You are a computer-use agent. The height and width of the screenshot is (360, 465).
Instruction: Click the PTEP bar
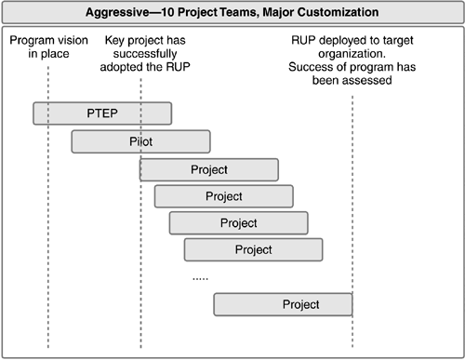[x=102, y=113]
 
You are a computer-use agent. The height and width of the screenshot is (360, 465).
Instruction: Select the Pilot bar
[x=141, y=141]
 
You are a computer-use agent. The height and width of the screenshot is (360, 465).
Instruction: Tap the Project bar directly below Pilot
[x=209, y=169]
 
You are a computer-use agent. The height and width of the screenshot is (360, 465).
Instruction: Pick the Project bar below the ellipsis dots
[x=283, y=304]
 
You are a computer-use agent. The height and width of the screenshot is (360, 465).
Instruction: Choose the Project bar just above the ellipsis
[x=254, y=249]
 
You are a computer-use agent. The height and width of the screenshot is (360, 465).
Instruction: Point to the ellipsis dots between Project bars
[x=200, y=279]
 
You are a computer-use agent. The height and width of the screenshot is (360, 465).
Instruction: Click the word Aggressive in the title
[x=117, y=12]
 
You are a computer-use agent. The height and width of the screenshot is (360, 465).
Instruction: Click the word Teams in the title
[x=239, y=12]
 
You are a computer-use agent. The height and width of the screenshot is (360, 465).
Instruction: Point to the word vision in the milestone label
[x=73, y=40]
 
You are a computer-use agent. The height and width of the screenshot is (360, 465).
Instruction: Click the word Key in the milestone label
[x=114, y=41]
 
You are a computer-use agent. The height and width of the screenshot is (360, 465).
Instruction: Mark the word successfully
[x=145, y=54]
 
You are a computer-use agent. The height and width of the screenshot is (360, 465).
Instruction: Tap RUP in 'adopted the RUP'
[x=178, y=67]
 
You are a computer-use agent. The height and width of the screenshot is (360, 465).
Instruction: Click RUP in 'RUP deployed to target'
[x=303, y=40]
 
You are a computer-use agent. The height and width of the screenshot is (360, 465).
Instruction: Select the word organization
[x=352, y=54]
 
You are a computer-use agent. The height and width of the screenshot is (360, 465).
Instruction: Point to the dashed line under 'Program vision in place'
[x=48, y=207]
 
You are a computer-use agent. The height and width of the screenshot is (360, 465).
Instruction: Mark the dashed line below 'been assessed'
[x=352, y=221]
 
